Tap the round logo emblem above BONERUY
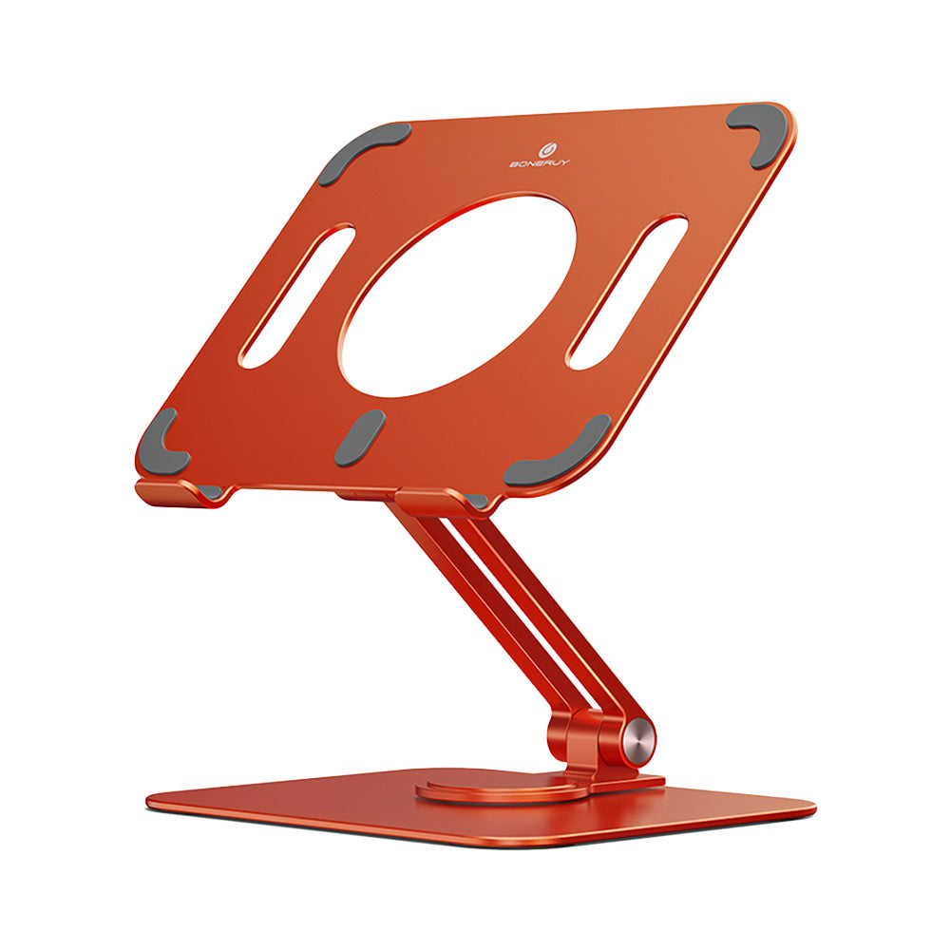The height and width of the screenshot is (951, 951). pyautogui.click(x=546, y=149)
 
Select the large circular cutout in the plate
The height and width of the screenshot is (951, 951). pyautogui.click(x=458, y=295)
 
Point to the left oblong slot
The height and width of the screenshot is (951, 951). pyautogui.click(x=296, y=295)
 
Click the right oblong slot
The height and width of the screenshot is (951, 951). pyautogui.click(x=627, y=291)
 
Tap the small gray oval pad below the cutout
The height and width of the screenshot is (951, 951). pyautogui.click(x=360, y=438)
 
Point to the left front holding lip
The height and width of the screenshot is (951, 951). pyautogui.click(x=176, y=491)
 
